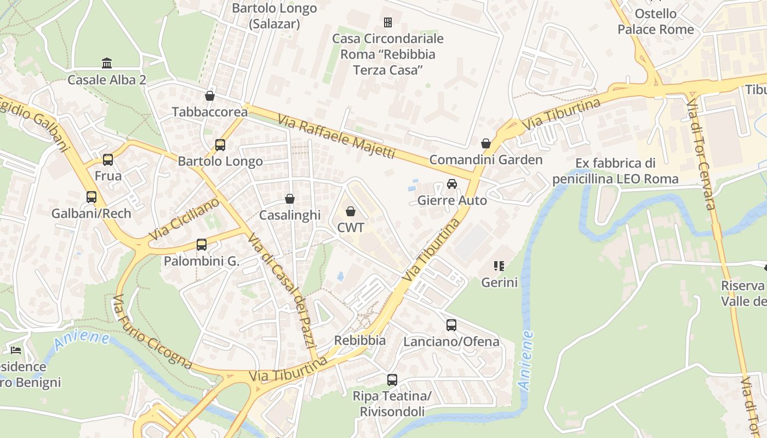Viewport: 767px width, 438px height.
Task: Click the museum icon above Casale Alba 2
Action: (107, 63)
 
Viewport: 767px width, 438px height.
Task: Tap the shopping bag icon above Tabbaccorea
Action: (209, 96)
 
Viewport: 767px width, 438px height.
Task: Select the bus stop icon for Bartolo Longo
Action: (220, 145)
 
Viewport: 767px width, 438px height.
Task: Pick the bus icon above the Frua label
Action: (108, 160)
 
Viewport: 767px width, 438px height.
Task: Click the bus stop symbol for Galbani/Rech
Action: (91, 197)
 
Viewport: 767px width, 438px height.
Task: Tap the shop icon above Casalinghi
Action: (290, 199)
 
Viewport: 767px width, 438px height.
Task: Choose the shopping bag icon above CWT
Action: (351, 211)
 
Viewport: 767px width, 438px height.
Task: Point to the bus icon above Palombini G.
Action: (202, 245)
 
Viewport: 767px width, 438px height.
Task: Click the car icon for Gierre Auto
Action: (452, 184)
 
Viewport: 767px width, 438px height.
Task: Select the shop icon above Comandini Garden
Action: (485, 143)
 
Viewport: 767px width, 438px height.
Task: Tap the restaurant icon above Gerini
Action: (499, 267)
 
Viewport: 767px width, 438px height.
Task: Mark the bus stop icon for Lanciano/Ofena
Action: (451, 325)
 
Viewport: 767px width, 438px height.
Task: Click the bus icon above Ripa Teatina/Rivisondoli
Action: (392, 380)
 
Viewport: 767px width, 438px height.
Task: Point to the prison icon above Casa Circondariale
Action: (388, 22)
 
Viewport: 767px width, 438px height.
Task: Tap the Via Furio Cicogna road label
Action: (152, 332)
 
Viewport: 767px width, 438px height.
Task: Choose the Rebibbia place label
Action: (360, 340)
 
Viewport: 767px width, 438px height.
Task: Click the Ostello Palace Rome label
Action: (655, 21)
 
